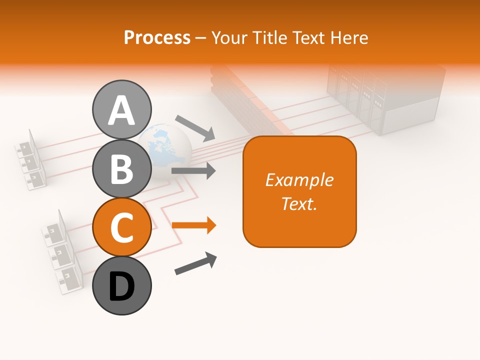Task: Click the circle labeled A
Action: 122,109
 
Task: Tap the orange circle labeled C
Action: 122,227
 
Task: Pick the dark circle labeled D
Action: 122,285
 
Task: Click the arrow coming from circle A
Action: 195,127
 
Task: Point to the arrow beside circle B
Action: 193,170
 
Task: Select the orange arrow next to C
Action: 194,225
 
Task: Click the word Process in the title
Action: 157,37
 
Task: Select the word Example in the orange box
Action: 299,180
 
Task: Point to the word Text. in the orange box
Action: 299,203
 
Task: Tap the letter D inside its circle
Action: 122,287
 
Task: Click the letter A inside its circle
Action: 122,110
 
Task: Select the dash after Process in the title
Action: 201,38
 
